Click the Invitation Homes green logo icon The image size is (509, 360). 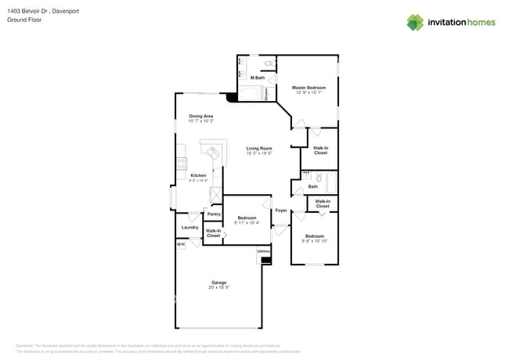[415, 22]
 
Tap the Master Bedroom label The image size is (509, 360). [309, 88]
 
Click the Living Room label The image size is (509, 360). [258, 148]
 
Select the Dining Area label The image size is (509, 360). [201, 116]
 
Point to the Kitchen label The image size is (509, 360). [198, 175]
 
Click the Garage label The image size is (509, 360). [218, 283]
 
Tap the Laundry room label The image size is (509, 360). [190, 228]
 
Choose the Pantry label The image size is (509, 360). [213, 214]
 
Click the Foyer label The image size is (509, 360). [280, 211]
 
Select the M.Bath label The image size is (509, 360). [257, 78]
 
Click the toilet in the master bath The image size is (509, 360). [268, 63]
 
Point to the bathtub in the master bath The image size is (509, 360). [251, 95]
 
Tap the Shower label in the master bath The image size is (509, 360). [267, 94]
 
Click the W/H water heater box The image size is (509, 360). [181, 244]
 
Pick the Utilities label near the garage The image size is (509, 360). [264, 250]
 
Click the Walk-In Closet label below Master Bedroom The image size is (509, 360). [320, 150]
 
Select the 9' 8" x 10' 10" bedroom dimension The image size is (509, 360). [315, 241]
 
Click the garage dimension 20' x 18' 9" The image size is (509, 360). [218, 288]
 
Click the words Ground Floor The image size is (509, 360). [24, 20]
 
